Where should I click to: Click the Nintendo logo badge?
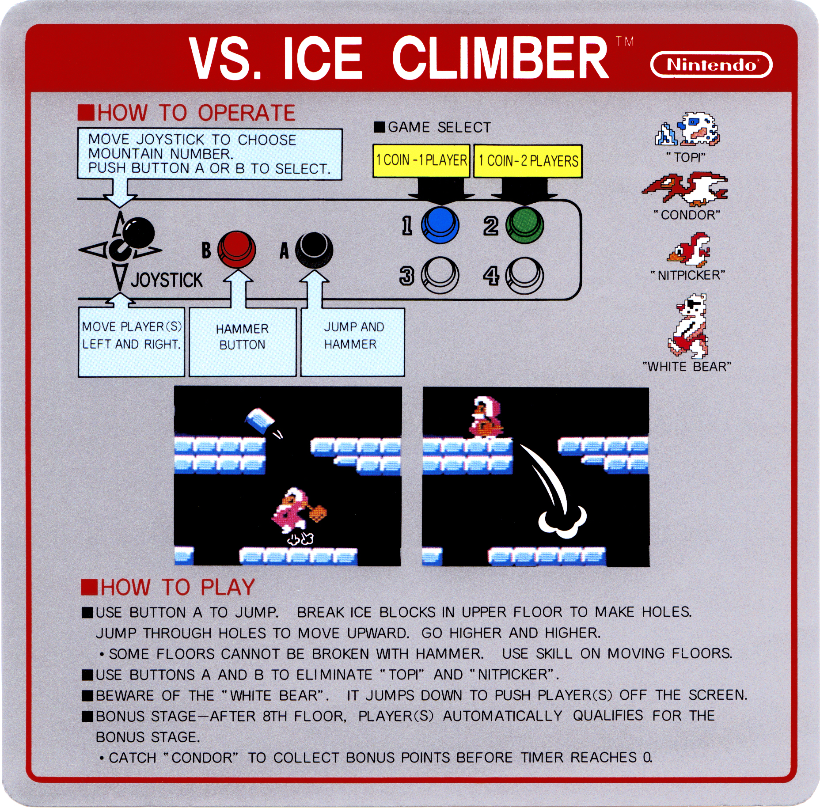coord(711,64)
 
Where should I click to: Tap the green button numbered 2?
coord(524,225)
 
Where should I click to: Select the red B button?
coord(236,250)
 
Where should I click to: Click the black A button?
coord(314,250)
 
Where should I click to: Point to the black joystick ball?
coord(138,232)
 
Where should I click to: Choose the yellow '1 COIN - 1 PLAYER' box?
coord(421,161)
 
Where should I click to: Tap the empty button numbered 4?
coord(524,275)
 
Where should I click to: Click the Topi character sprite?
coord(687,129)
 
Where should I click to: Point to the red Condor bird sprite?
coord(685,189)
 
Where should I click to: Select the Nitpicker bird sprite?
coord(689,250)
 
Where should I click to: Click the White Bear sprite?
coord(688,326)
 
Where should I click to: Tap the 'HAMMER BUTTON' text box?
coord(243,342)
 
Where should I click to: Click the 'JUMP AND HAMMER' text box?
coord(353,342)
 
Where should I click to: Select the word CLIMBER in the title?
coord(500,58)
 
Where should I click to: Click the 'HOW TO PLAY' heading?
coord(168,587)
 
